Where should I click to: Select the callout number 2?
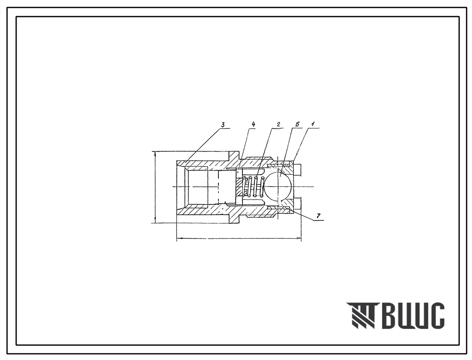pos(278,124)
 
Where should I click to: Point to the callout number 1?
pos(313,124)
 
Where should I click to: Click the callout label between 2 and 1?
pos(297,124)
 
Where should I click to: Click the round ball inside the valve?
pos(278,186)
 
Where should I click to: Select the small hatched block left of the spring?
pos(239,186)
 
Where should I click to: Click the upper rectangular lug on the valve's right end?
pos(298,169)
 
